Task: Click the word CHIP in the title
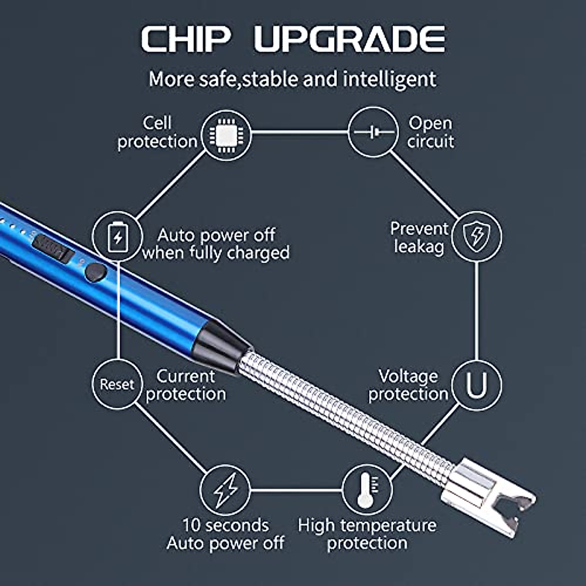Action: [x=186, y=39]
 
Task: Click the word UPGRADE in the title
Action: [x=350, y=39]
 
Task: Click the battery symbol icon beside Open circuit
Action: [x=373, y=132]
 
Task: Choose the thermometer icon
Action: [x=366, y=489]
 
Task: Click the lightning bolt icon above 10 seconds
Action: [x=225, y=489]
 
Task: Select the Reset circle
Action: [x=117, y=384]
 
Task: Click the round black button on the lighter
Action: [x=96, y=272]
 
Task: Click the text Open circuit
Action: [x=430, y=132]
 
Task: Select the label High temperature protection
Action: [x=367, y=534]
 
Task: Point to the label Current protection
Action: [x=186, y=385]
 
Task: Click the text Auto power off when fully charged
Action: [x=216, y=244]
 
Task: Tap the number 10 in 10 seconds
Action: [x=192, y=525]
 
